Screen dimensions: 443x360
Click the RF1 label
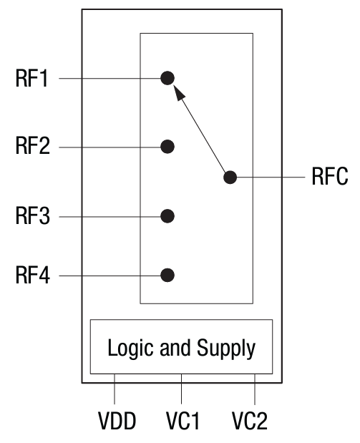point(31,79)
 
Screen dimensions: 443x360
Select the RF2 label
point(31,147)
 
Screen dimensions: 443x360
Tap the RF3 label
point(31,216)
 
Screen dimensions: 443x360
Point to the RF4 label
point(31,276)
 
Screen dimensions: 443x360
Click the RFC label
point(330,177)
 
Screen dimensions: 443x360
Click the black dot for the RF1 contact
point(167,78)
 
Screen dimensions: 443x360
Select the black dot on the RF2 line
point(167,147)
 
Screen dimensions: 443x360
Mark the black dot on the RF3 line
point(167,215)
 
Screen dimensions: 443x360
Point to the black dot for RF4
point(167,275)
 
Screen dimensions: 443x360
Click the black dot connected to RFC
point(230,177)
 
